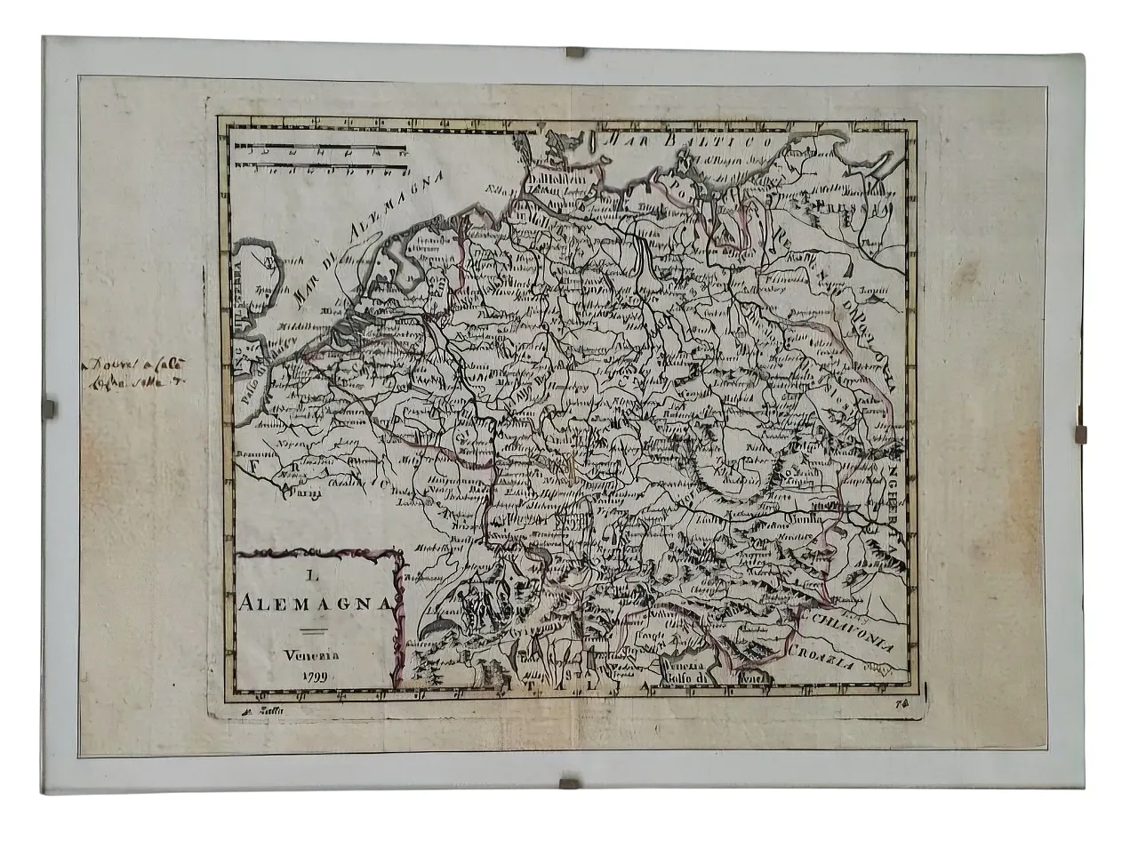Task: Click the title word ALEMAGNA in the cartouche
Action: [315, 602]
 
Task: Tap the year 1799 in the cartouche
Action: [313, 676]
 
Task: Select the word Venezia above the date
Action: [312, 656]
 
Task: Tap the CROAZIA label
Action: [822, 661]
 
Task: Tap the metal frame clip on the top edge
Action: [575, 52]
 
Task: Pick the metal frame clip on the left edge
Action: [50, 409]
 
